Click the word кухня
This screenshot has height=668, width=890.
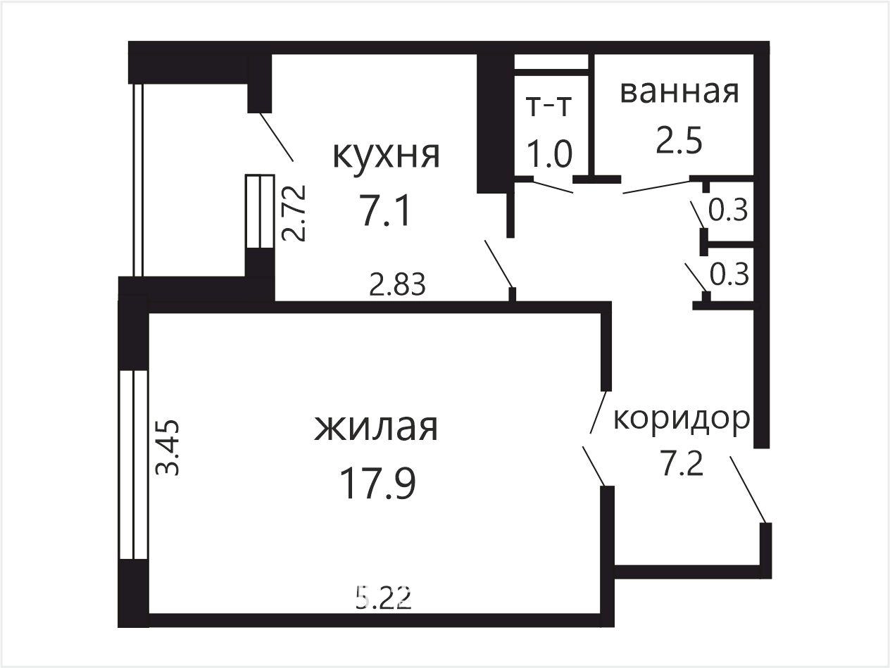pos(386,156)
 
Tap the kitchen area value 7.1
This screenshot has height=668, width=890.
pos(385,210)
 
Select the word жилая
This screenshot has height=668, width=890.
pos(376,428)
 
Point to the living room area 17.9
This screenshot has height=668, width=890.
pos(378,483)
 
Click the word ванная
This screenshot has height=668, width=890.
pos(679,92)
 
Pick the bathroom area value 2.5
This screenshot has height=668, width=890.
pos(679,141)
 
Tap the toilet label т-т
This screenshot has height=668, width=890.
pos(549,107)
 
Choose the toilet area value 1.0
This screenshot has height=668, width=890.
pos(550,153)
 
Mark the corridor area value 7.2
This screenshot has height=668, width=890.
pos(681,465)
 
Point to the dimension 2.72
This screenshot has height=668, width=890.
pos(293,213)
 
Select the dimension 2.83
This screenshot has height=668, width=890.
pos(397,284)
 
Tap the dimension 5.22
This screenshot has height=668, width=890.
pos(384,599)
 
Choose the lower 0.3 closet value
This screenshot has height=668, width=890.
pos(729,275)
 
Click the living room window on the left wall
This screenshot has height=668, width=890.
pos(133,465)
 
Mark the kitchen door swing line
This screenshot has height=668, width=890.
pos(499,264)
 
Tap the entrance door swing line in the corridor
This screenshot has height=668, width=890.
pos(748,490)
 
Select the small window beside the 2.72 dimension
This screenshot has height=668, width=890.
pos(260,211)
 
